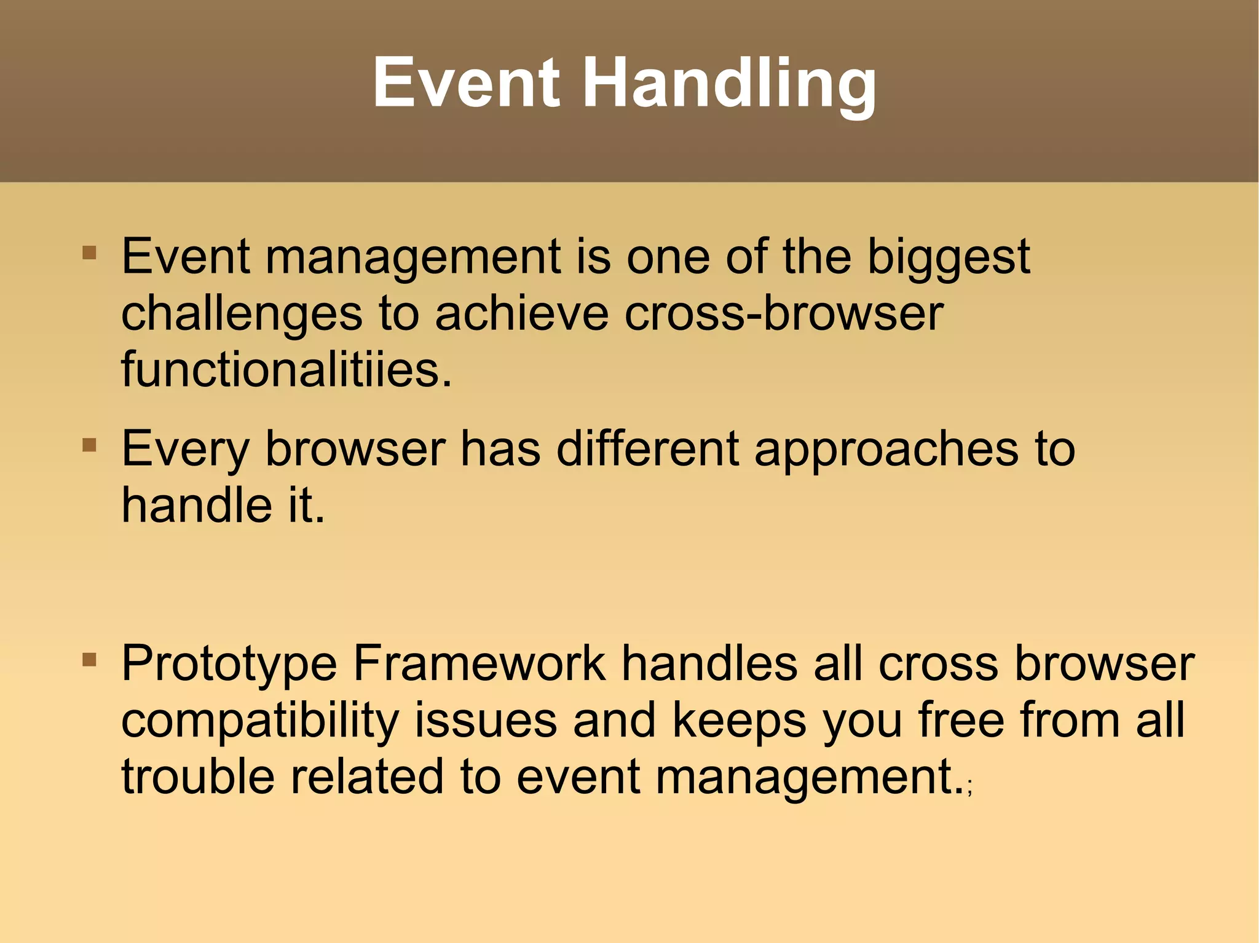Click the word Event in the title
coord(466,82)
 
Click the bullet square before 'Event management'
coord(89,252)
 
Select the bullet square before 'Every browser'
coord(89,444)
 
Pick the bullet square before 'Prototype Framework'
coord(89,660)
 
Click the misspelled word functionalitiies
coord(286,370)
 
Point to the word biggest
coord(948,257)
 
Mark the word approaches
coord(886,449)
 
